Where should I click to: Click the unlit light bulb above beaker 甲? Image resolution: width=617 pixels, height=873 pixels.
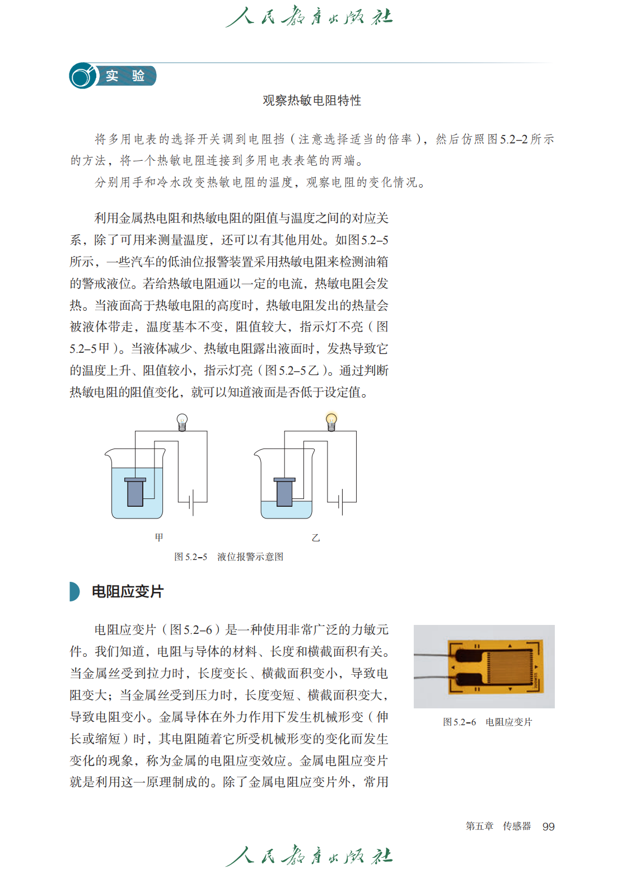tap(182, 421)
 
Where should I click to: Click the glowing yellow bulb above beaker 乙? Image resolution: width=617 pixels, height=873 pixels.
tap(331, 421)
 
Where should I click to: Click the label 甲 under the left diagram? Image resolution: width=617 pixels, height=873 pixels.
tap(159, 538)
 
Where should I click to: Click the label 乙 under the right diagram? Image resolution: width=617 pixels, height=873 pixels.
tap(316, 538)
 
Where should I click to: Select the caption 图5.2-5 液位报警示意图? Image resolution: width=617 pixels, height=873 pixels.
tap(228, 557)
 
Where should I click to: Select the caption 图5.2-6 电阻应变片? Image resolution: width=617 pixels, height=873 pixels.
tap(487, 722)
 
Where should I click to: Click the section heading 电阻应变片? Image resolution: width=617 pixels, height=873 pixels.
tap(128, 591)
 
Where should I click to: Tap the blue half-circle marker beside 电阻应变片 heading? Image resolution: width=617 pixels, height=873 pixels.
tap(74, 591)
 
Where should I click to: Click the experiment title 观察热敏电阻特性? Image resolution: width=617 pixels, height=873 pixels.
tap(312, 100)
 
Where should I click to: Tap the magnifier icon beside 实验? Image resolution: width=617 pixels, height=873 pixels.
tap(82, 76)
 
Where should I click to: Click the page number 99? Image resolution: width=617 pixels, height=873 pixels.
tap(548, 827)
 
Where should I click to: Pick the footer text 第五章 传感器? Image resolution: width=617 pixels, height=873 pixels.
tap(498, 826)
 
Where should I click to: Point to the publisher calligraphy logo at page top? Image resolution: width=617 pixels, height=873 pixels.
tap(309, 17)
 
